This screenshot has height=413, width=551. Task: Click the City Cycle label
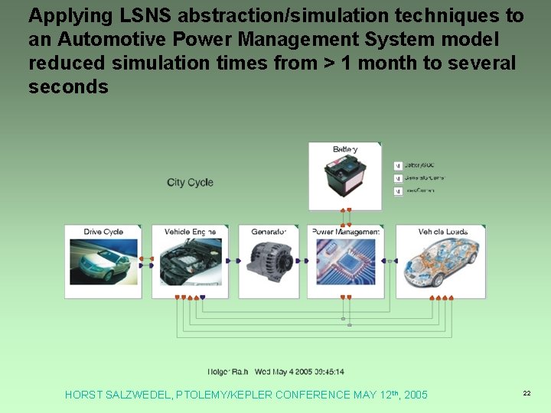click(x=190, y=182)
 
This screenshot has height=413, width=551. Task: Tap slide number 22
click(x=527, y=393)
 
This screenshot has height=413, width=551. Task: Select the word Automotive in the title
click(x=116, y=40)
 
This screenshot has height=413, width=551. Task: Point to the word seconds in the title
click(x=68, y=87)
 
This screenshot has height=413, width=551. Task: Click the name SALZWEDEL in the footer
click(x=138, y=395)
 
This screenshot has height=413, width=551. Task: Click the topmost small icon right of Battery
click(x=398, y=165)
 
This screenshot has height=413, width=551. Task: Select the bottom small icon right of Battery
click(x=398, y=191)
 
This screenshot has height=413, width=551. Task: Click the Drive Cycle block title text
click(x=103, y=232)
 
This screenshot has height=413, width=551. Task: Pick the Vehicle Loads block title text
click(x=443, y=232)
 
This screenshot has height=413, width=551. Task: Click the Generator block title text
click(x=269, y=232)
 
